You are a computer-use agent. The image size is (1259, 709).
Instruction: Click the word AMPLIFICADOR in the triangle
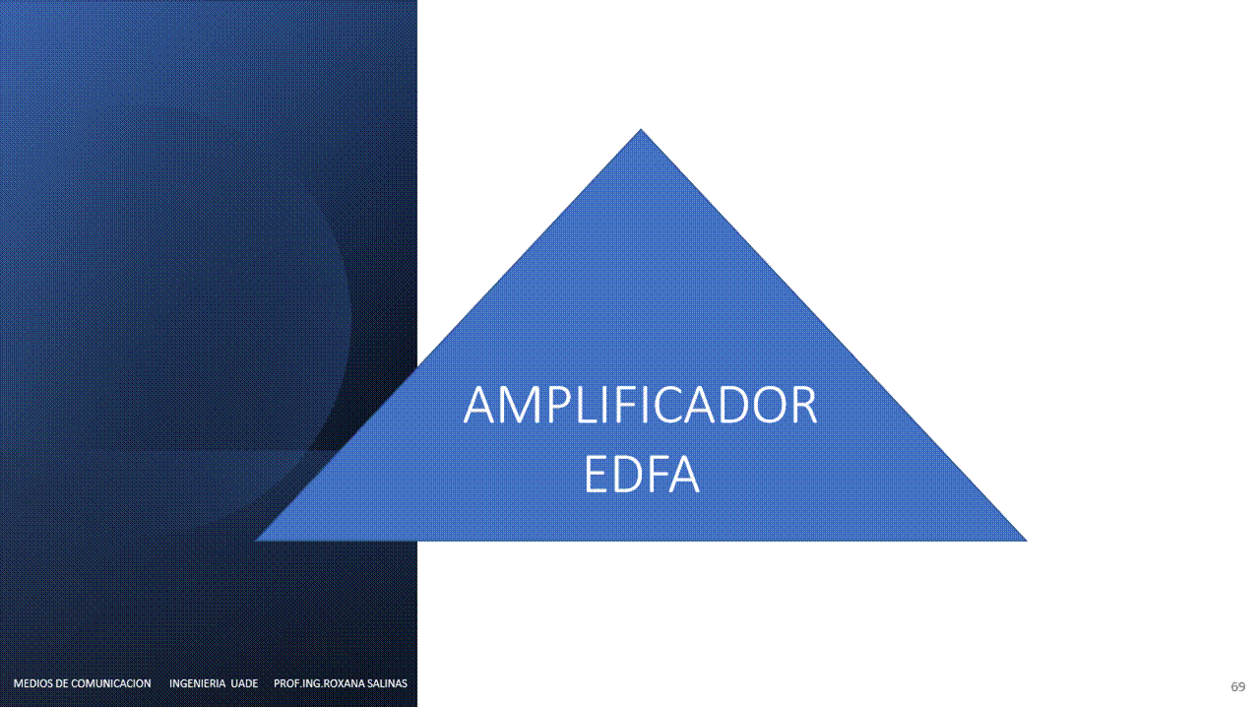point(640,405)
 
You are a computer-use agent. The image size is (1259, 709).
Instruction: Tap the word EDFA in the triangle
point(641,474)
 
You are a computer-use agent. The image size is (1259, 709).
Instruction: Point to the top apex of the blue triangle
point(640,129)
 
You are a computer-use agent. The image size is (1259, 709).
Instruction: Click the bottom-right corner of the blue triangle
point(1027,541)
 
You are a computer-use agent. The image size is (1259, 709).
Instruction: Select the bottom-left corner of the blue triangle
point(255,541)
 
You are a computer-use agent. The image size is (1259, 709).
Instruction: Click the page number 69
point(1237,686)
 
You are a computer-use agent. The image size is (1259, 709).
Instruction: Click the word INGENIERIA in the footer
point(197,683)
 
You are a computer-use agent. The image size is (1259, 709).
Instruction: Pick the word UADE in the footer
point(244,683)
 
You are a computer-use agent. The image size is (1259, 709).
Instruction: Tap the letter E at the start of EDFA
point(595,474)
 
